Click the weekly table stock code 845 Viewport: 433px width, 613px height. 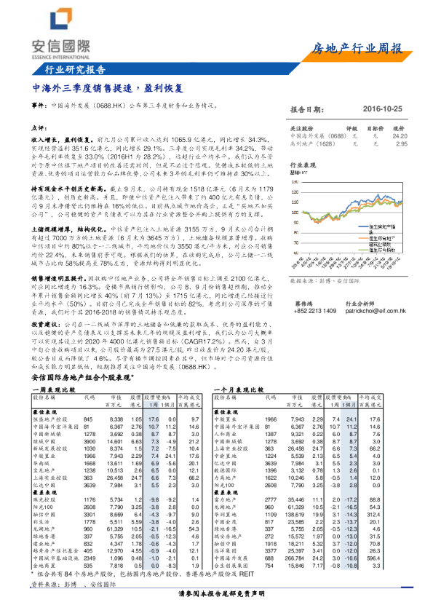click(x=89, y=420)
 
